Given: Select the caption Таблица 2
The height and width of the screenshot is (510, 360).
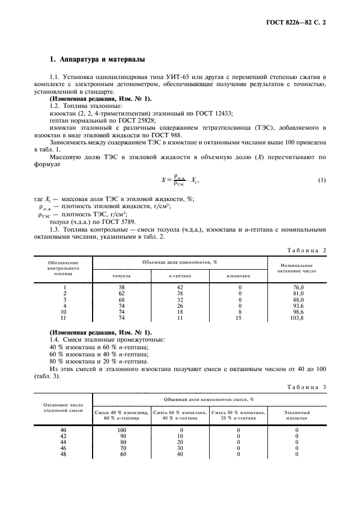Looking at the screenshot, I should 306,250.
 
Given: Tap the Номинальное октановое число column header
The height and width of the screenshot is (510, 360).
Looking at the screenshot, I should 297,267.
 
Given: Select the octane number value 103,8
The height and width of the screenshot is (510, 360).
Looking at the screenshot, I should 297,317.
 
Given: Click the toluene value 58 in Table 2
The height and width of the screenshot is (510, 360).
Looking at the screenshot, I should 121,287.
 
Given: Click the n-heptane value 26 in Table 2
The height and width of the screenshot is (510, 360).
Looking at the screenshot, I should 180,306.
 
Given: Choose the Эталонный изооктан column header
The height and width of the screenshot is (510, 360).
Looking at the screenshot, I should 297,415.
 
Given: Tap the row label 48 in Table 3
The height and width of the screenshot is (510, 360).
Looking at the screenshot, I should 63,453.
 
